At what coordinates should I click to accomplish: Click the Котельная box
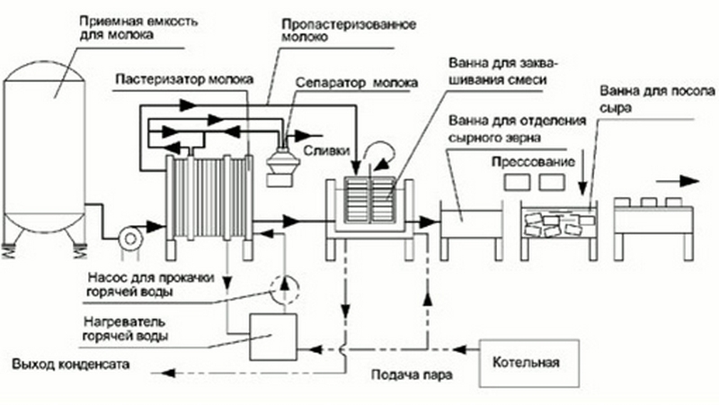[x=529, y=363]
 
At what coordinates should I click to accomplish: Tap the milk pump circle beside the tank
[x=129, y=239]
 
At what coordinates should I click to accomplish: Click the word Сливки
[x=326, y=150]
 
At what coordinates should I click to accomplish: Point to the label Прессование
[x=533, y=162]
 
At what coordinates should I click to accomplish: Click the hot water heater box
[x=273, y=337]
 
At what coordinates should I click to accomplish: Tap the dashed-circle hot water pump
[x=285, y=289]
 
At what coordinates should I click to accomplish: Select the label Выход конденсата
[x=71, y=365]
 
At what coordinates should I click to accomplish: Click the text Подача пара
[x=412, y=374]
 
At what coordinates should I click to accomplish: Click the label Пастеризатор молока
[x=184, y=79]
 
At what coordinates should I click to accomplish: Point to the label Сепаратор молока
[x=356, y=83]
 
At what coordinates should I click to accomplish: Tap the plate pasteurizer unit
[x=209, y=207]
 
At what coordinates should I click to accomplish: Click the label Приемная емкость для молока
[x=138, y=28]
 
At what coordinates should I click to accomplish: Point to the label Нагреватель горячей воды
[x=125, y=329]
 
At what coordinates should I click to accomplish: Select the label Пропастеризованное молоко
[x=349, y=31]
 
